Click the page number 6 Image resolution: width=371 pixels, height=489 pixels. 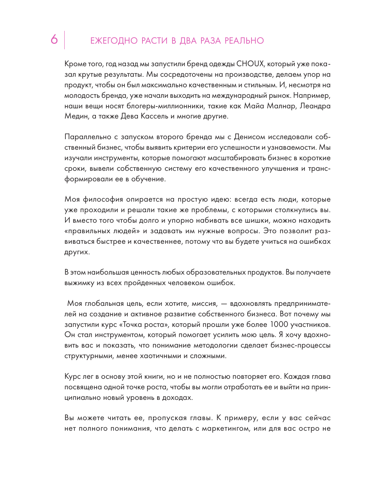click(x=54, y=39)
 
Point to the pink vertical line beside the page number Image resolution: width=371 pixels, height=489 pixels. click(x=64, y=40)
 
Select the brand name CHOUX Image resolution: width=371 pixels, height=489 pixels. click(x=250, y=64)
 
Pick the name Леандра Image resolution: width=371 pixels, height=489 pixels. click(x=315, y=106)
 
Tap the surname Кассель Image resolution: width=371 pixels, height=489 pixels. click(x=154, y=116)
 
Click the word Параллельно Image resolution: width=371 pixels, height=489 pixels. click(x=88, y=137)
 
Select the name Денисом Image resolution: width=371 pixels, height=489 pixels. click(x=250, y=137)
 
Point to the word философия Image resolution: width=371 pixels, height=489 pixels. click(x=103, y=199)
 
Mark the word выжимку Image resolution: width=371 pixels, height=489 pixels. click(x=79, y=283)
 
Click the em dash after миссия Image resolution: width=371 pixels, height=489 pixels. click(x=224, y=304)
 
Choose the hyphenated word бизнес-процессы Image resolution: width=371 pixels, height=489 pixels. click(x=300, y=345)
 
